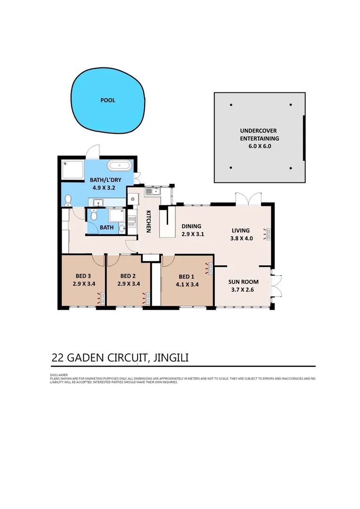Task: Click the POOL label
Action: pos(108,100)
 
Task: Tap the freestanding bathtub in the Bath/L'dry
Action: pos(120,165)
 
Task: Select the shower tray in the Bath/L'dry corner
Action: pos(73,170)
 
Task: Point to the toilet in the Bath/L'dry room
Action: pos(68,201)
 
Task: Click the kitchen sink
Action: pos(153,191)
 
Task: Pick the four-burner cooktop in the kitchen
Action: pos(132,221)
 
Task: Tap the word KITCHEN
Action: pos(148,222)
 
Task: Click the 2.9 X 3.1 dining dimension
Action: pos(193,234)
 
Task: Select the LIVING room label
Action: pos(240,230)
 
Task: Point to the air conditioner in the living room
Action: pos(268,234)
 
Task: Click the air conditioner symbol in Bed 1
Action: pos(209,269)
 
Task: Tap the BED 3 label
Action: pos(83,276)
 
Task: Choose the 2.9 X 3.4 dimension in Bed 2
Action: pos(129,284)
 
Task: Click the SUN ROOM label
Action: pos(243,282)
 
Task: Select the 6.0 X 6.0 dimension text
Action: pos(260,146)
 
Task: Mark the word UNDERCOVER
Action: pos(258,131)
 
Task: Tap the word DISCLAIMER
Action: pos(59,375)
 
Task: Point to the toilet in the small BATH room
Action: pos(93,214)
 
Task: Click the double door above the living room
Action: pos(248,199)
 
